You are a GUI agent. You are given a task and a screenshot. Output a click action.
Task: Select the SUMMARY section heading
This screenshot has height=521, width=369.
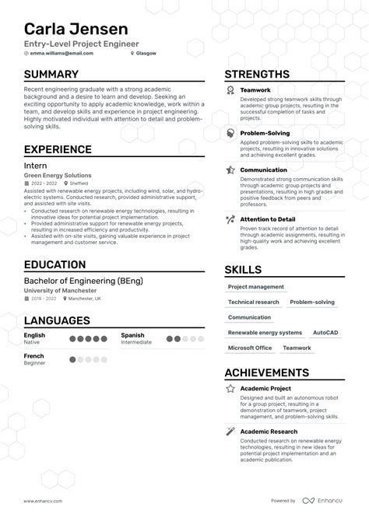coord(51,75)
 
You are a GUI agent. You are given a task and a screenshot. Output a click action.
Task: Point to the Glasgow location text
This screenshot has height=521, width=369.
coord(145,54)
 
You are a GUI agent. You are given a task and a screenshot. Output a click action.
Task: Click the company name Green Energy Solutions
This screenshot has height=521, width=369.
coord(58,176)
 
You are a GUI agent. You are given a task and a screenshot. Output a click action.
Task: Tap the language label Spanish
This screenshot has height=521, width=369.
coord(132,335)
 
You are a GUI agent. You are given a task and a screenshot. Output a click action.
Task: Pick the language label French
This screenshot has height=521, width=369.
coord(34,355)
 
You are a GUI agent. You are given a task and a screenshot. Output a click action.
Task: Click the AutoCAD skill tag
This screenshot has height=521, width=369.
coord(325,332)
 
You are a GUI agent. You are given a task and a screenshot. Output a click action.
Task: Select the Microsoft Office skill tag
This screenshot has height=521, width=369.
coord(250,348)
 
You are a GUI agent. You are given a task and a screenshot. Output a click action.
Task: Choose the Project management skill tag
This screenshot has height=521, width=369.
coord(256,287)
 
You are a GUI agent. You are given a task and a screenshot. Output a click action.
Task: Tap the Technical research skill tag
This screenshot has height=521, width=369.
coord(254,302)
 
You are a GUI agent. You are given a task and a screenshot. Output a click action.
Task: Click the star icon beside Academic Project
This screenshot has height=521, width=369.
coord(230,388)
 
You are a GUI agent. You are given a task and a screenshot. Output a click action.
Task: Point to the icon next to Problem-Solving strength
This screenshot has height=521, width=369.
coord(230,134)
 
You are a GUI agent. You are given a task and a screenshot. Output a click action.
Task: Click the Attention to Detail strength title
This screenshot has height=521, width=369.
coord(267,219)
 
